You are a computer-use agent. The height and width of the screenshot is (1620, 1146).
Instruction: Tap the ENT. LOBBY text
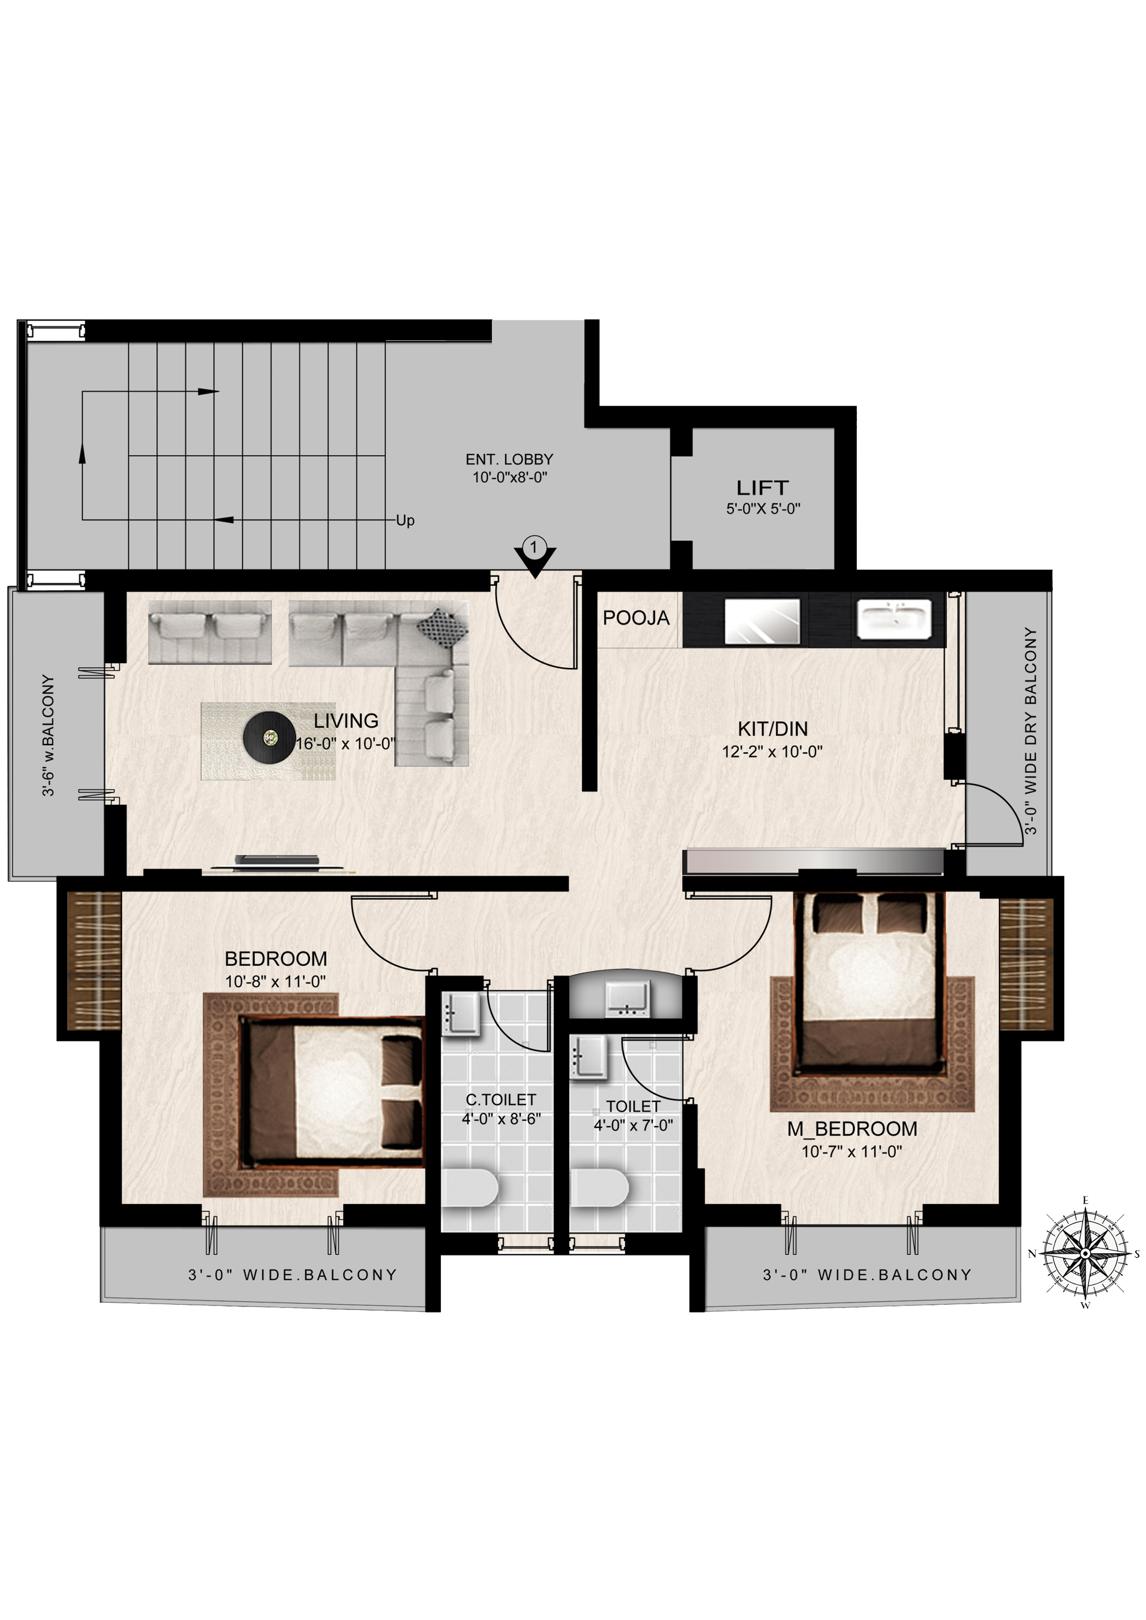pyautogui.click(x=510, y=459)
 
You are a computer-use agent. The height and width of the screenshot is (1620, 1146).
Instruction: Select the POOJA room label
pyautogui.click(x=636, y=618)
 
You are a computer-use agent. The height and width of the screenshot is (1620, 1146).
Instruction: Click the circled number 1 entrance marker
pyautogui.click(x=534, y=547)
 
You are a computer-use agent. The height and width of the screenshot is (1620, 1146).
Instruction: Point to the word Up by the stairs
pyautogui.click(x=405, y=521)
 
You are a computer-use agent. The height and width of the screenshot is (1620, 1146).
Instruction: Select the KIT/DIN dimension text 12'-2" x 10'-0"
pyautogui.click(x=772, y=751)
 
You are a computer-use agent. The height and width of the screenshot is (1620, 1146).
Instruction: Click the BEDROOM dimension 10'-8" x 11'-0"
pyautogui.click(x=275, y=982)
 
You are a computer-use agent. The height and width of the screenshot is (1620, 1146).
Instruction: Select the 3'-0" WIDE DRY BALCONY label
pyautogui.click(x=1031, y=730)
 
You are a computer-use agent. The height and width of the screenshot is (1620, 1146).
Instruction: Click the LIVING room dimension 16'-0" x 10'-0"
pyautogui.click(x=345, y=743)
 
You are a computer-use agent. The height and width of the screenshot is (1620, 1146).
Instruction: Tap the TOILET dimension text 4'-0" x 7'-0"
pyautogui.click(x=633, y=1125)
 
